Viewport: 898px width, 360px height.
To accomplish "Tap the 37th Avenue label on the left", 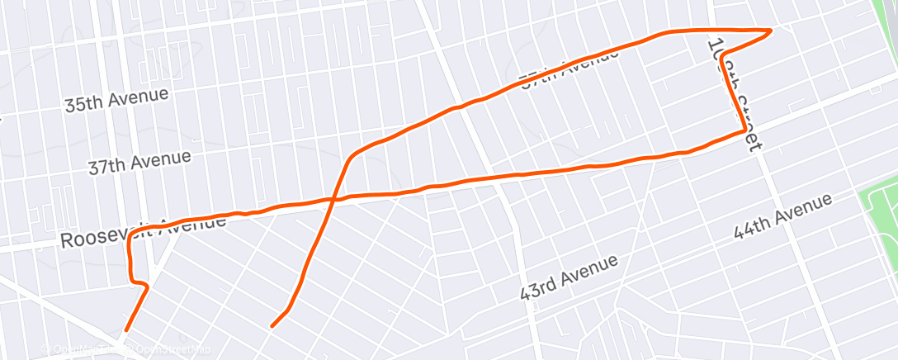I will pos(139,162).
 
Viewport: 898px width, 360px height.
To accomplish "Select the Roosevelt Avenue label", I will pos(142,234).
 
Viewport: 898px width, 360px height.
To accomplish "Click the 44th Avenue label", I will pos(782,217).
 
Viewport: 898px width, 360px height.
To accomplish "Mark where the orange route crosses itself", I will pos(333,199).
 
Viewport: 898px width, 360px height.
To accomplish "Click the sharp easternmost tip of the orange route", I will pos(770,31).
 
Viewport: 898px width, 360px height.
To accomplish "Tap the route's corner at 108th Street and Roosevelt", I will pos(744,130).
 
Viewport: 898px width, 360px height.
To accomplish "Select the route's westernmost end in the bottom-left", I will pos(126,330).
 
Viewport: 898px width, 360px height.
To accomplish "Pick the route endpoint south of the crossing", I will pos(272,326).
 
